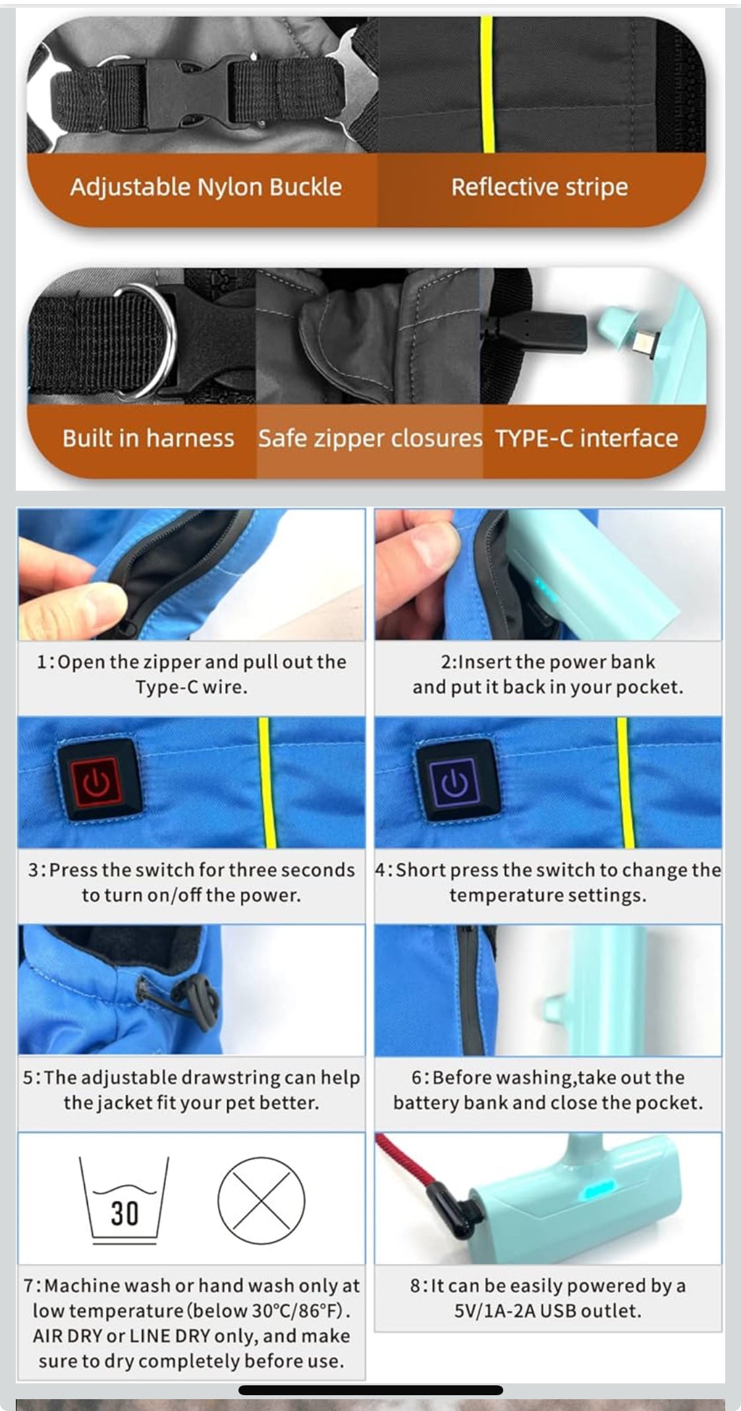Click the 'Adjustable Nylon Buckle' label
(x=206, y=187)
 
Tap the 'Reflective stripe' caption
(x=539, y=187)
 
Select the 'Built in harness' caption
(x=148, y=438)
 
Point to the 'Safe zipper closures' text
(x=370, y=438)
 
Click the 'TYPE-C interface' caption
(x=586, y=438)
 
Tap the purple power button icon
(x=454, y=781)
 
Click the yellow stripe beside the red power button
(x=265, y=781)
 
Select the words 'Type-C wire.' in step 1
(x=191, y=687)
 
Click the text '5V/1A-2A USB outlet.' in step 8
(x=547, y=1311)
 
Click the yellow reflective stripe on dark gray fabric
(x=487, y=86)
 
